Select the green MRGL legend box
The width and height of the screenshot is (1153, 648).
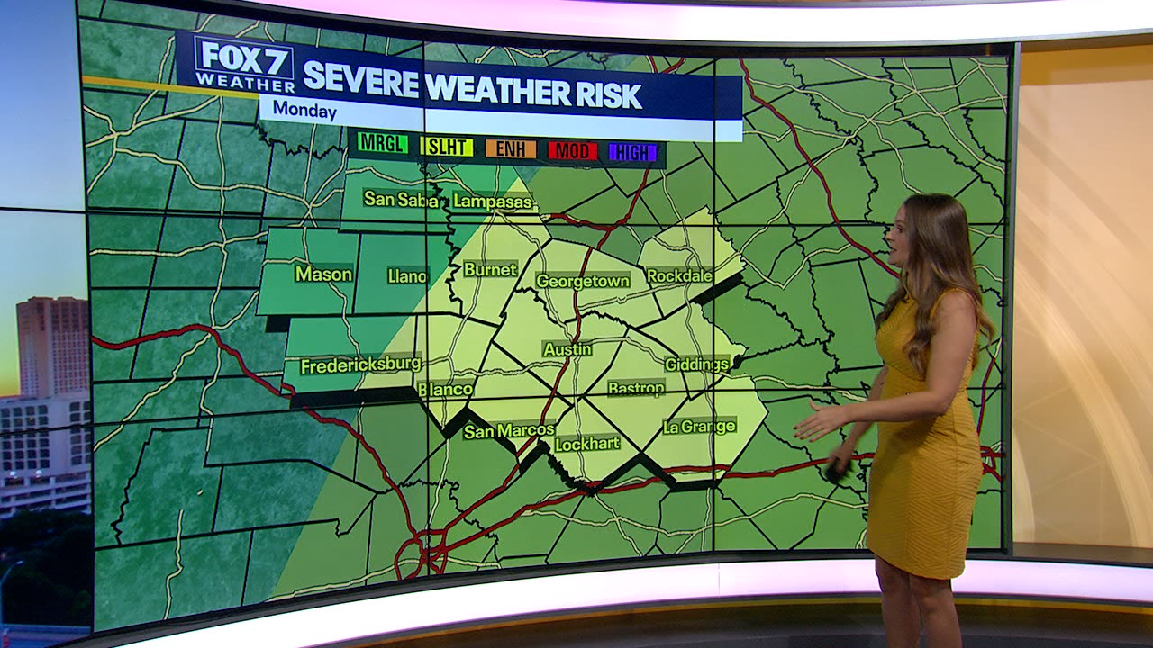coord(383,143)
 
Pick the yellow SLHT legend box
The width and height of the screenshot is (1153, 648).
coord(447,147)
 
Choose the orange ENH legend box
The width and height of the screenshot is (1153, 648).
coord(511,148)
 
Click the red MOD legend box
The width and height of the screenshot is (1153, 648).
coord(572,150)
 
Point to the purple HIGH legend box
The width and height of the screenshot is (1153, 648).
coord(632,152)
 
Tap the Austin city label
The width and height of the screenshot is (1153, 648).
coord(567,349)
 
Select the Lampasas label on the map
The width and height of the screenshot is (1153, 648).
coord(493,202)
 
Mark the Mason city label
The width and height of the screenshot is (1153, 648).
coord(323,274)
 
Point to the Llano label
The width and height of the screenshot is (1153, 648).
coord(407,276)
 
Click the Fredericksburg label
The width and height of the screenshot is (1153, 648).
coord(360,365)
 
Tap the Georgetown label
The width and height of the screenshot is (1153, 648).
coord(582,281)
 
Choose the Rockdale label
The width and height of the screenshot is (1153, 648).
coord(679,275)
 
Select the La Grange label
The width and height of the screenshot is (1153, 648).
coord(699,426)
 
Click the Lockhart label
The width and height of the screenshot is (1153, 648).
coord(586,444)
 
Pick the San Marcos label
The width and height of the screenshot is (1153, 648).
coord(509,431)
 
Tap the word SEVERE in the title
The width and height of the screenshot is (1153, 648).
coord(360,80)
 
